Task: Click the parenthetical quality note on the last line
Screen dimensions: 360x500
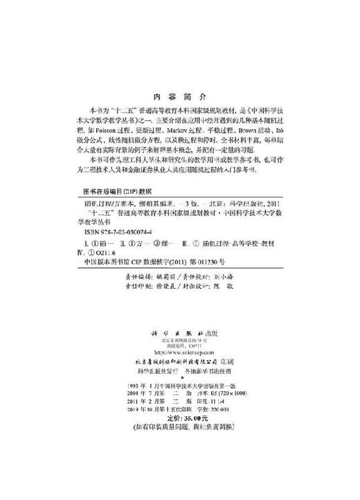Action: (x=179, y=427)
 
